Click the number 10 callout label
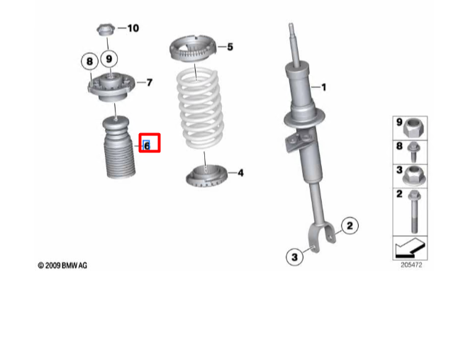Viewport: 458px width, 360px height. coord(133,28)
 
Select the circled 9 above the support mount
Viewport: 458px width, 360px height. coord(110,58)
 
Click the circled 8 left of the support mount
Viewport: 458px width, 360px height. coord(89,62)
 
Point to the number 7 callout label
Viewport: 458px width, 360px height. coord(150,83)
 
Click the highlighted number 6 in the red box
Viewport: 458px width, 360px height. coord(147,145)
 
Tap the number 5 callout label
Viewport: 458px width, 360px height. coord(230,47)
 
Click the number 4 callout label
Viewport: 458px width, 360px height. coord(240,172)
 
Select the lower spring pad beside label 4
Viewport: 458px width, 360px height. coord(205,174)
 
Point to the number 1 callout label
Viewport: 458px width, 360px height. coord(323,88)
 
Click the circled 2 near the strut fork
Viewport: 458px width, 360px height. coord(349,226)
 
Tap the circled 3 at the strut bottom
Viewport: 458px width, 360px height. coord(293,257)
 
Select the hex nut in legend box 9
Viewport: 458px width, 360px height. coord(413,128)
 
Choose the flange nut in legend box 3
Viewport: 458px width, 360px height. coord(413,174)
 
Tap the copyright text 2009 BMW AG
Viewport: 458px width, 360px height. coord(63,266)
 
